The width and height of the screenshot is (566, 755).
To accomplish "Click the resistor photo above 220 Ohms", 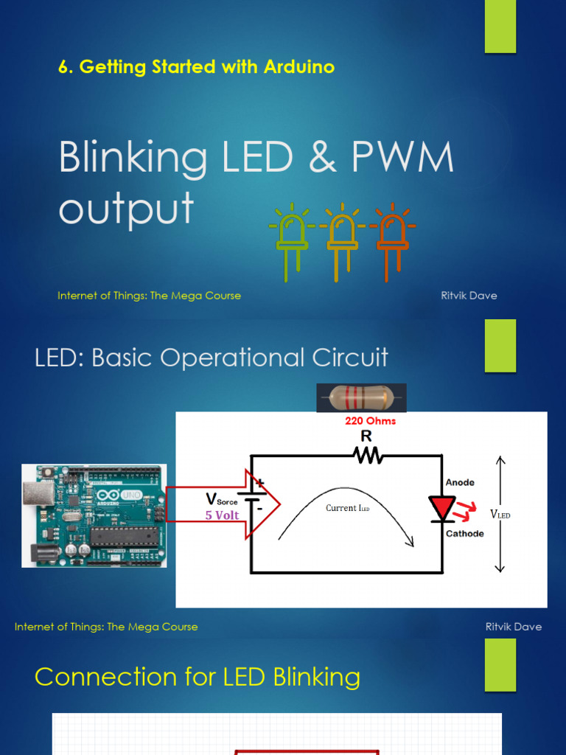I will click(361, 398).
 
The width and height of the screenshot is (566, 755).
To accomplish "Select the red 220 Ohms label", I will click(370, 421).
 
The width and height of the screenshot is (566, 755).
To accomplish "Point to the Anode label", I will click(460, 482).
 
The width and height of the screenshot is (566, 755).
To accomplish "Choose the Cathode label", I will click(464, 533).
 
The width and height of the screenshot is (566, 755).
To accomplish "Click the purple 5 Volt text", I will click(222, 515).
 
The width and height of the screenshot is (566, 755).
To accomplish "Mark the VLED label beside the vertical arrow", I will click(500, 514).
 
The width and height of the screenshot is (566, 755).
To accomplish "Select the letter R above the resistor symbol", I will click(366, 436).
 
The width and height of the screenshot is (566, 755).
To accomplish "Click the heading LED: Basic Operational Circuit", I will click(212, 358).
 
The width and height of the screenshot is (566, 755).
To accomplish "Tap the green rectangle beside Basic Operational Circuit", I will click(500, 346).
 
